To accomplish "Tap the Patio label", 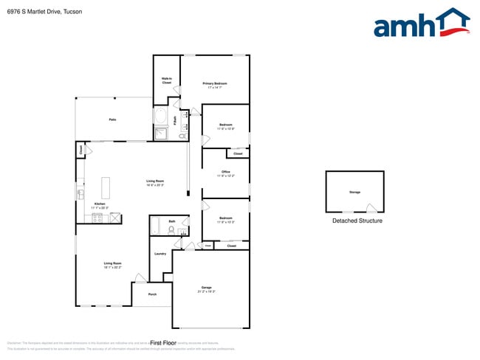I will pyautogui.click(x=112, y=120).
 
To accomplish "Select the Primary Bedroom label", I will pyautogui.click(x=215, y=84).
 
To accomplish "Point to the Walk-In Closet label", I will pyautogui.click(x=167, y=80).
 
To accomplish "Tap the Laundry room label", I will pyautogui.click(x=160, y=255).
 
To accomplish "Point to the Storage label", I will pyautogui.click(x=354, y=192).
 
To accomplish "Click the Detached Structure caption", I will pyautogui.click(x=357, y=221).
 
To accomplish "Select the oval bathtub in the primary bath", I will pyautogui.click(x=160, y=116).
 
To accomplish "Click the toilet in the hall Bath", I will pyautogui.click(x=172, y=230).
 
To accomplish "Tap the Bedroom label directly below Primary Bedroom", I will pyautogui.click(x=225, y=125).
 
